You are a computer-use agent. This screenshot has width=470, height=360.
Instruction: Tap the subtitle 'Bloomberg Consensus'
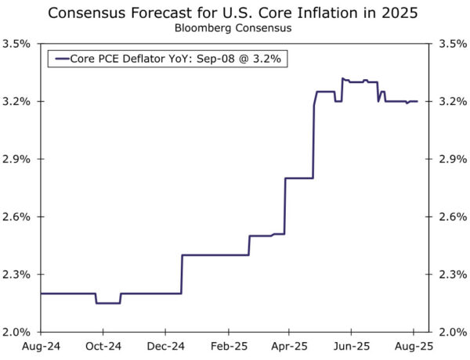[x=235, y=29]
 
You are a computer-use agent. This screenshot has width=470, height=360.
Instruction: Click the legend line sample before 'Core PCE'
[x=60, y=59]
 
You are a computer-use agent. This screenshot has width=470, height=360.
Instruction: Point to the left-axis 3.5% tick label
[x=16, y=44]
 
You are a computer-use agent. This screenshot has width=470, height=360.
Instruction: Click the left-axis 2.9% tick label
[x=16, y=159]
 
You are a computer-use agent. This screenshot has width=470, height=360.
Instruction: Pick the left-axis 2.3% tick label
[x=16, y=274]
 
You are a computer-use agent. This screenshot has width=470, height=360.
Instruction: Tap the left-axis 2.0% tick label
[x=16, y=332]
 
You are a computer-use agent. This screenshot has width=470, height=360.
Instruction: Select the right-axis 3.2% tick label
[x=451, y=102]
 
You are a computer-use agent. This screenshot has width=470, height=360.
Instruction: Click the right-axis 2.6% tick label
[x=451, y=217]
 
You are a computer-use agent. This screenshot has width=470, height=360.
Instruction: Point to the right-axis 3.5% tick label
[x=451, y=44]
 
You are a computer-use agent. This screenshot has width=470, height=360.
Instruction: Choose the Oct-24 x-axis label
[x=103, y=345]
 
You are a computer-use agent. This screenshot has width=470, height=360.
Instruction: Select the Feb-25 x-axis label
[x=229, y=345]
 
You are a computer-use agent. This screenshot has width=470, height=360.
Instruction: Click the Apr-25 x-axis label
[x=289, y=345]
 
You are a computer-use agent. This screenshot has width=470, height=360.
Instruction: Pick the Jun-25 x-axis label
[x=352, y=345]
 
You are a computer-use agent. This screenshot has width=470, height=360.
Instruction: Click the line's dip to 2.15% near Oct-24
[x=108, y=303]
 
